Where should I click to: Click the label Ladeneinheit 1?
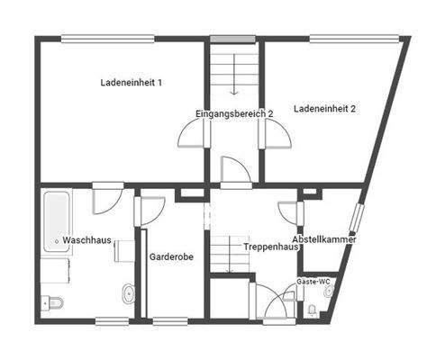(132, 84)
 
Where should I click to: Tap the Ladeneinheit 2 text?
(324, 109)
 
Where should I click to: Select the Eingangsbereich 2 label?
(234, 114)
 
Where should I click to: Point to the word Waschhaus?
(86, 240)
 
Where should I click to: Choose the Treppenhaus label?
(270, 246)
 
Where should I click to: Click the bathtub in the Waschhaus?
(56, 221)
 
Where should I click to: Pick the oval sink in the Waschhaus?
(128, 292)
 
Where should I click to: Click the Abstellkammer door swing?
(289, 213)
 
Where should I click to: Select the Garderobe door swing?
(149, 211)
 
